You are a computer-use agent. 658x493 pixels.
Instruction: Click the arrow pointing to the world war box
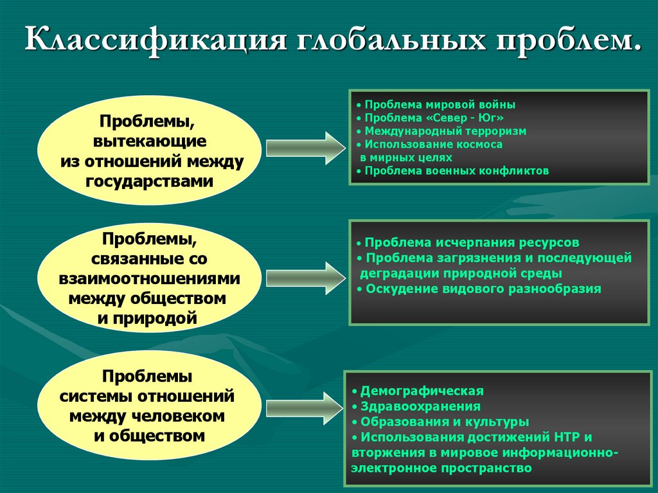(x=306, y=147)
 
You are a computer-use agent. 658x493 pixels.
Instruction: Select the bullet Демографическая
(x=422, y=391)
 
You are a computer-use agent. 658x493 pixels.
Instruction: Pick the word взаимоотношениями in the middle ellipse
(x=150, y=280)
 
